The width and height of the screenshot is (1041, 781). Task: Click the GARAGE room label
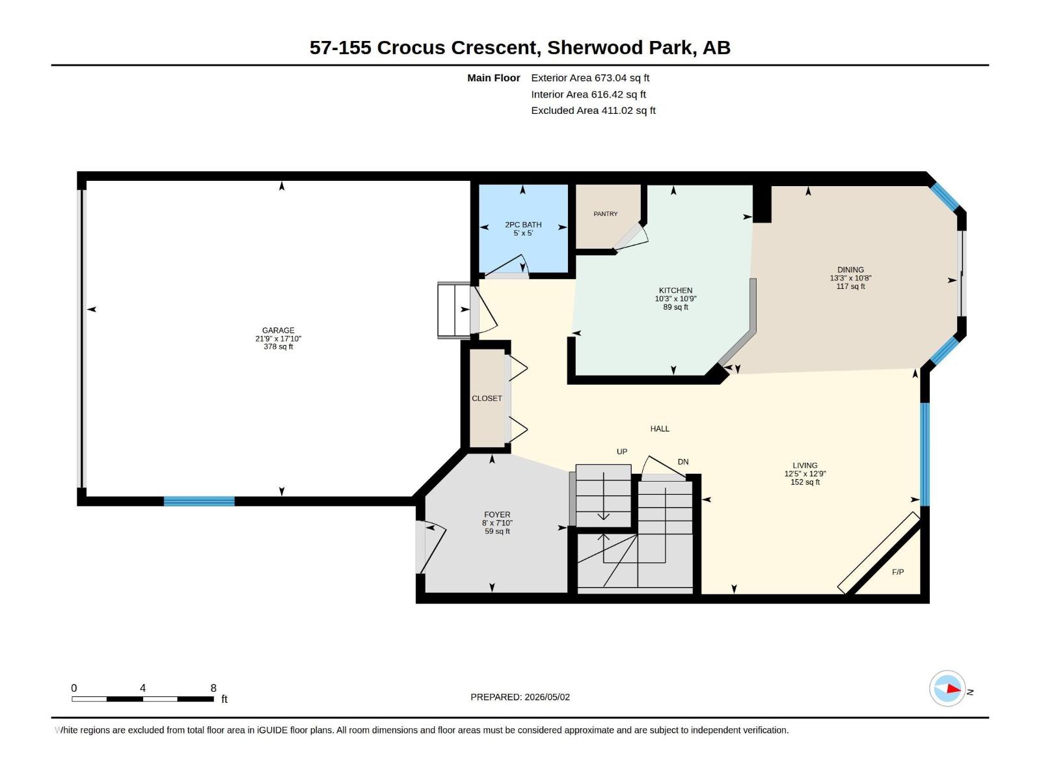(278, 331)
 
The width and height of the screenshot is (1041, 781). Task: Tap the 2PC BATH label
(523, 225)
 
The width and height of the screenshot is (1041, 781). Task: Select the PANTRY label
(606, 214)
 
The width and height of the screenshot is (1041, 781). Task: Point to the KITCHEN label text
(675, 290)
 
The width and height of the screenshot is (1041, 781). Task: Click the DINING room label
(850, 269)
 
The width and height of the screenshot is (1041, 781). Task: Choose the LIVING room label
(805, 465)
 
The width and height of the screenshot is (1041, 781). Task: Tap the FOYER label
(497, 515)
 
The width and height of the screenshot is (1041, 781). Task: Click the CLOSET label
(487, 398)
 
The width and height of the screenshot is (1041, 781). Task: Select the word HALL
(660, 429)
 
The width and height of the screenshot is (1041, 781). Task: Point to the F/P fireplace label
(898, 572)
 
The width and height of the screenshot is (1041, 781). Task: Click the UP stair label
(622, 452)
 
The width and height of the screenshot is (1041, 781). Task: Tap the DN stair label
(683, 461)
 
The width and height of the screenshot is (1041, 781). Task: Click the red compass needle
(954, 689)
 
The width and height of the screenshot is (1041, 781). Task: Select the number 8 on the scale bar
(213, 688)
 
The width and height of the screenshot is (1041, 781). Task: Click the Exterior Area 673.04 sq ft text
(590, 77)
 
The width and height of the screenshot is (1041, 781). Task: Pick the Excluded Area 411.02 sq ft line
(593, 111)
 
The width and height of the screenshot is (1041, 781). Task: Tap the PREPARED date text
(520, 697)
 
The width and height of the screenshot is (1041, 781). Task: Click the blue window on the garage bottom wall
(199, 501)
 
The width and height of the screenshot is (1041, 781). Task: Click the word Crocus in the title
(411, 48)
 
